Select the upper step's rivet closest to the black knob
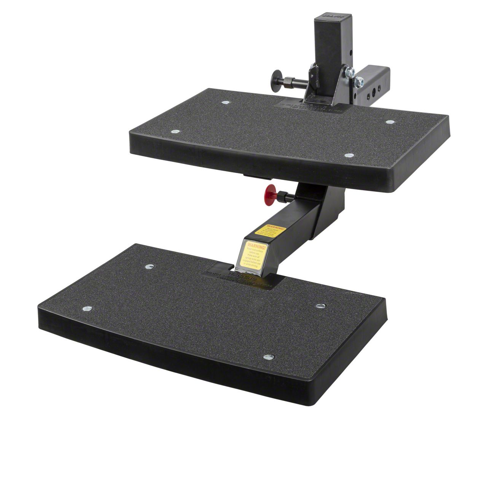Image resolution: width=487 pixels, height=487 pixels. [x=225, y=102]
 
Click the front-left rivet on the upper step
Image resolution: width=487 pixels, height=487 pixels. [x=175, y=132]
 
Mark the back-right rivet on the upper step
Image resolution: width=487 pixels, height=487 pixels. [x=390, y=122]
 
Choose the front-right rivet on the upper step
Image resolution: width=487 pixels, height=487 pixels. [x=349, y=155]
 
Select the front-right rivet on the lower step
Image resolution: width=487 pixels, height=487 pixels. [x=269, y=357]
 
